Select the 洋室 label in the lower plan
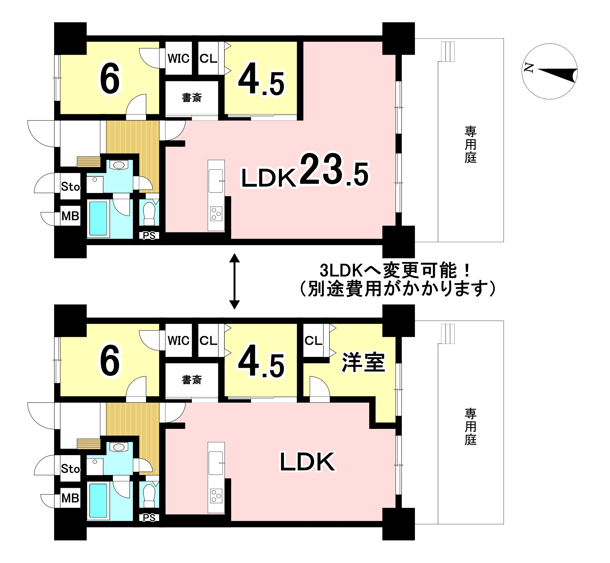pos(363,362)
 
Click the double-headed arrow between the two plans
pos(235,281)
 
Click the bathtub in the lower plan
pos(98,500)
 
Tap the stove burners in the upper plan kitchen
pos(216,213)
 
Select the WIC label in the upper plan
pos(178,59)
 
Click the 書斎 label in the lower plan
pos(192,380)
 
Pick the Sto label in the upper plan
pos(70,186)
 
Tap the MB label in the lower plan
pos(70,498)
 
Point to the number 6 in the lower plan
pos(110,361)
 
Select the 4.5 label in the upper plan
pos(261,83)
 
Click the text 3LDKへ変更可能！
pos(396,271)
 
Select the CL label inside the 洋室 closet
pos(313,341)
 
